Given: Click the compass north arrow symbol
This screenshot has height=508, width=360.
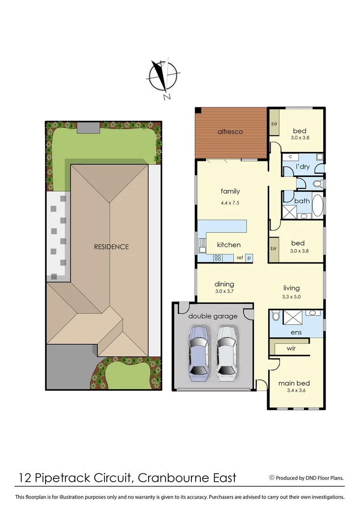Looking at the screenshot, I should (162, 78).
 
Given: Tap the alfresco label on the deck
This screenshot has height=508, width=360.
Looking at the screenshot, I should (230, 132).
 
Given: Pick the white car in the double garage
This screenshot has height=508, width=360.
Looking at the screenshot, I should (226, 353).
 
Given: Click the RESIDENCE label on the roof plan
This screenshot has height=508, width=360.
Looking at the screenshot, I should (111, 246).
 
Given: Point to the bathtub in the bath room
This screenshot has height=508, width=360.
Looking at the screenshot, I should (318, 205).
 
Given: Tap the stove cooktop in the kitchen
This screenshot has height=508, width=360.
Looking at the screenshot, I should (218, 257).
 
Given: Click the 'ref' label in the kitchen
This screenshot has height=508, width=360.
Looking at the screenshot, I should (240, 258).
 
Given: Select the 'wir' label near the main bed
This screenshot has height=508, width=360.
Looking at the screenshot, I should (292, 349).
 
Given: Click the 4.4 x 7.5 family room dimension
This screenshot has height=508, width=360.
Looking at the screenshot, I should (230, 203).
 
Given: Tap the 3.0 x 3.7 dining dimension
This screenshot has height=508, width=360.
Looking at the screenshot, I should (224, 291).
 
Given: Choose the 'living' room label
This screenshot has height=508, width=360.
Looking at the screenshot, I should (291, 288).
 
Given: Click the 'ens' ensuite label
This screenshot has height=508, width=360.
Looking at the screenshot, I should (296, 332).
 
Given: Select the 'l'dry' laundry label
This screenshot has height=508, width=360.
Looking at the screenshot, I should (303, 167).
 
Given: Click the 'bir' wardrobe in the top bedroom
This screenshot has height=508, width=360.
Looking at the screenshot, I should (274, 124).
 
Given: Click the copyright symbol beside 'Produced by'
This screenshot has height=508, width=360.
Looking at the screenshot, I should (272, 477).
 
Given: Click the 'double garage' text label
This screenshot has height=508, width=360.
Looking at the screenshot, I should (213, 316).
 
